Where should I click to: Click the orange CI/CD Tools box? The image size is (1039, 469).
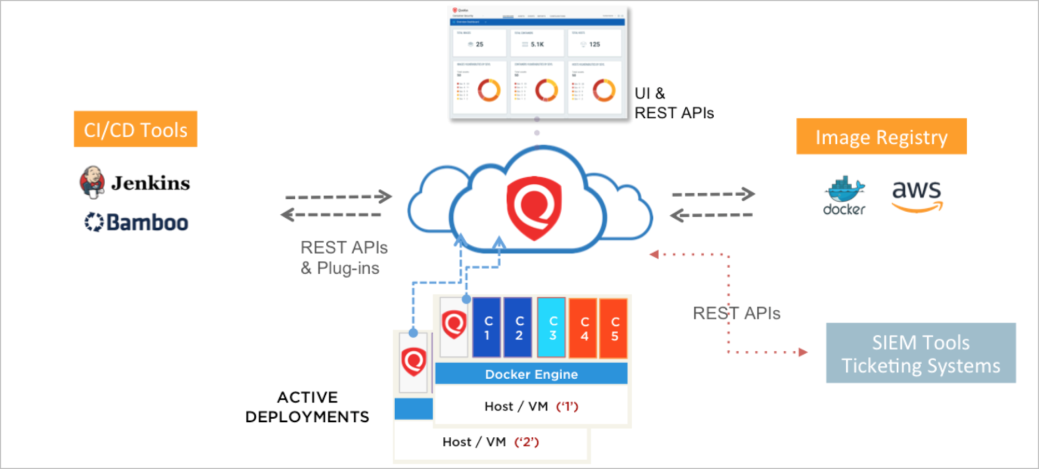(135, 129)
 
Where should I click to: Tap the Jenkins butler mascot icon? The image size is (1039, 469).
(92, 182)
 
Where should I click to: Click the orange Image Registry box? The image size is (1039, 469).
(881, 136)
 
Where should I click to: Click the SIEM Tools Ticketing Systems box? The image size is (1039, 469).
(920, 353)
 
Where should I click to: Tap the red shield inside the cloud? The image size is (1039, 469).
(534, 208)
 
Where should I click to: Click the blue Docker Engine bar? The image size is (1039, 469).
(531, 374)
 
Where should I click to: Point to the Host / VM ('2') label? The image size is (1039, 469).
(490, 442)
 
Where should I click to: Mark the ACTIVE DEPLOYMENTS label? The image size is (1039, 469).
(307, 407)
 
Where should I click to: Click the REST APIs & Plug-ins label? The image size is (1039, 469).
(343, 258)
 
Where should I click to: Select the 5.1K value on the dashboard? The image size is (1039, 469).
(537, 44)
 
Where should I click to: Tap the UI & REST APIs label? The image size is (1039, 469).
(674, 103)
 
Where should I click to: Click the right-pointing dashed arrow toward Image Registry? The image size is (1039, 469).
(713, 194)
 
